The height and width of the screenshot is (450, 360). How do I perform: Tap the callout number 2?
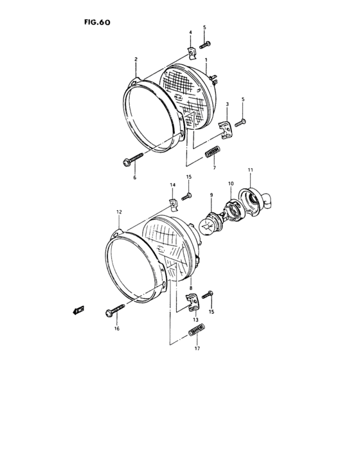(x=136, y=59)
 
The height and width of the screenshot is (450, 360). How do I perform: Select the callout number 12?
(x=119, y=212)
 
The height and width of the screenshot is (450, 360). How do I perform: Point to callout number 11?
(x=251, y=169)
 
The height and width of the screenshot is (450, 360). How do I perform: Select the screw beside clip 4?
(x=206, y=44)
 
